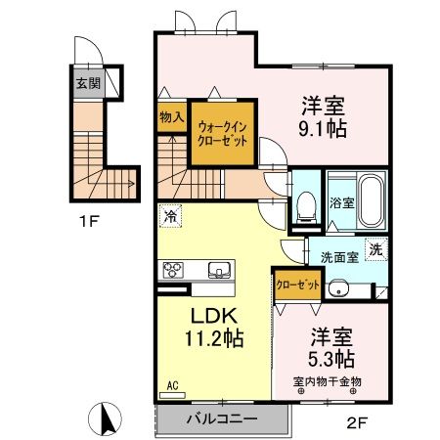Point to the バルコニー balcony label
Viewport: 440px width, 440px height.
click(x=222, y=418)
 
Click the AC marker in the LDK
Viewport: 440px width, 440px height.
click(x=172, y=385)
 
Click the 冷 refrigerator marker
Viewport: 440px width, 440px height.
click(x=171, y=215)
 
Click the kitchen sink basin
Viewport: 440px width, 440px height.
click(x=217, y=270)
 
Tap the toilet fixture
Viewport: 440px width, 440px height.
click(x=304, y=204)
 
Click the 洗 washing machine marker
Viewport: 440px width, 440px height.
click(x=374, y=248)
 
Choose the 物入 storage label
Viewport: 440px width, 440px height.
click(x=172, y=117)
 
